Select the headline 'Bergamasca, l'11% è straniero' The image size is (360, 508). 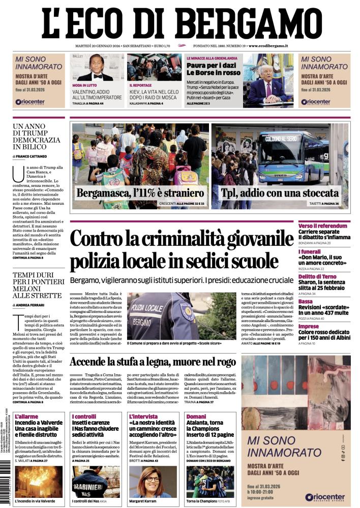(140, 193)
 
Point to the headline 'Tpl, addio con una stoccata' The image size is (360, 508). (280, 193)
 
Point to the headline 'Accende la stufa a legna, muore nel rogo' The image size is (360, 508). (153, 362)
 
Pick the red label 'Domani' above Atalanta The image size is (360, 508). (196, 417)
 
